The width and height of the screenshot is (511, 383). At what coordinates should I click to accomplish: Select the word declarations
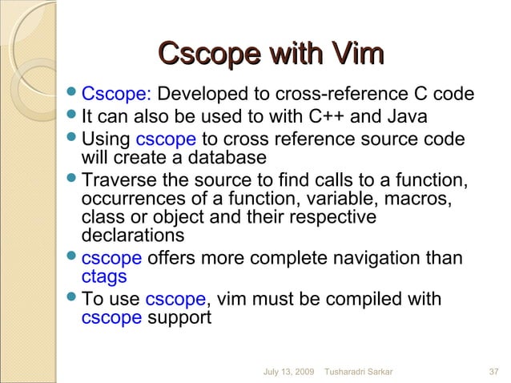[x=132, y=236]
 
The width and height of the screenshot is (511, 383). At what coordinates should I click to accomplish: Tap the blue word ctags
[x=104, y=277]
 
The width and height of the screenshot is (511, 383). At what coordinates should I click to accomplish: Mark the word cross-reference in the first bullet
[x=339, y=96]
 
